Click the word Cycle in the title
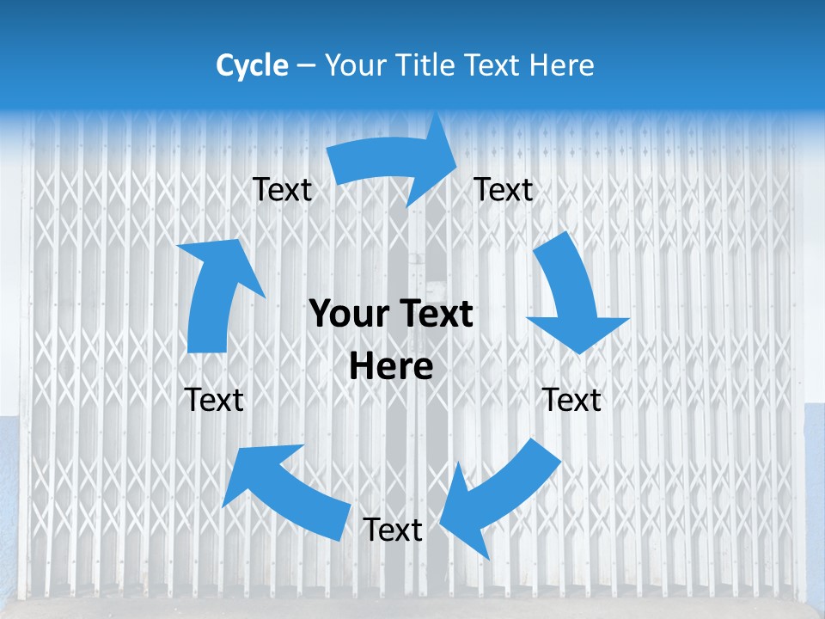pyautogui.click(x=252, y=65)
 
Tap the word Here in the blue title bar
pyautogui.click(x=562, y=65)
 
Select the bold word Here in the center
pyautogui.click(x=391, y=367)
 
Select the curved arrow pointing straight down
pyautogui.click(x=571, y=297)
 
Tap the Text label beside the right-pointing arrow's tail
pyautogui.click(x=282, y=189)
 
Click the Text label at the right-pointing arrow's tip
pyautogui.click(x=504, y=189)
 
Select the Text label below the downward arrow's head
pyautogui.click(x=572, y=400)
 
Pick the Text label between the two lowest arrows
pyautogui.click(x=393, y=530)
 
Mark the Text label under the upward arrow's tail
pyautogui.click(x=215, y=400)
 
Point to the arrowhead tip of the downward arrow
pyautogui.click(x=581, y=353)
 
